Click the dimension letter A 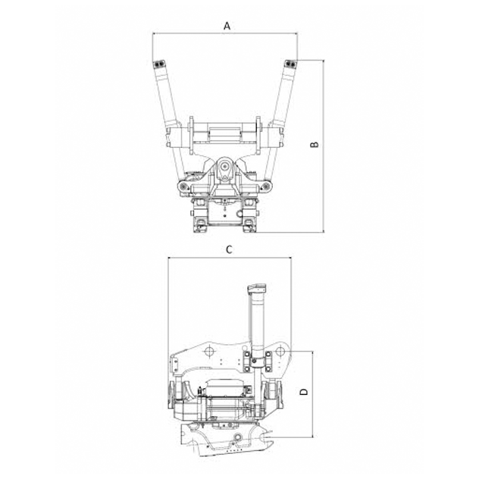click(x=227, y=27)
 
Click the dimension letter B click(x=315, y=144)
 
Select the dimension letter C click(x=229, y=249)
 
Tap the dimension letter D click(x=304, y=392)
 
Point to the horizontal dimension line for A click(x=225, y=33)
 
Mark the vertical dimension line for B click(x=323, y=146)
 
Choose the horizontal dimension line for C click(x=230, y=258)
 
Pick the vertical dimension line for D click(x=313, y=394)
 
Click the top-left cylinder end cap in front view click(x=159, y=64)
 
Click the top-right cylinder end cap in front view click(x=290, y=64)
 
